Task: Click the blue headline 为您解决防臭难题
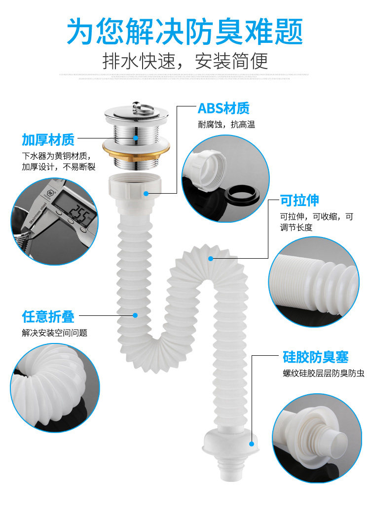tap(185, 31)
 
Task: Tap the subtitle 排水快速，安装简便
tap(185, 61)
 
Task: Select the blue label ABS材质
tap(223, 108)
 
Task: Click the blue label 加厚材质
tap(48, 139)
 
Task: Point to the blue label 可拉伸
tap(299, 200)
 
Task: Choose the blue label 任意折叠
tap(48, 316)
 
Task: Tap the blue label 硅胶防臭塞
tap(315, 357)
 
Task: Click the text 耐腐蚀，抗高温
tap(226, 125)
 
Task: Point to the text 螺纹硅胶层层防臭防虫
tap(323, 374)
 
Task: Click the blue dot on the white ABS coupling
tap(146, 193)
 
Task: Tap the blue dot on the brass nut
tap(135, 139)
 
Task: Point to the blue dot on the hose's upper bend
tap(211, 258)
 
